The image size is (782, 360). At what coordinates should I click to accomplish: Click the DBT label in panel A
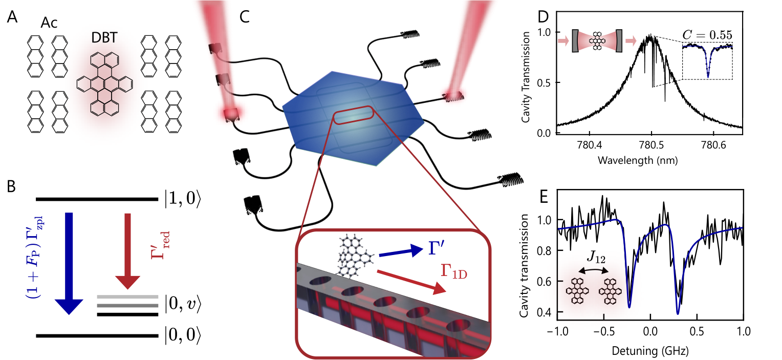tap(104, 38)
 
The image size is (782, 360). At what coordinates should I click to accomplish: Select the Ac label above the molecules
tap(49, 23)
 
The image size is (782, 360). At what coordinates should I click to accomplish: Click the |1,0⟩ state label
tap(183, 199)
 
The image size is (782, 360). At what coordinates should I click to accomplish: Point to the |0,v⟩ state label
tap(183, 304)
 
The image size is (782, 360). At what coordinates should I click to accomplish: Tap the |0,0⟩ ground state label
tap(183, 335)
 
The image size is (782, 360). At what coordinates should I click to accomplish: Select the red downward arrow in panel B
tap(128, 251)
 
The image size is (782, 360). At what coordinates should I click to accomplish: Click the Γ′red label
tap(160, 245)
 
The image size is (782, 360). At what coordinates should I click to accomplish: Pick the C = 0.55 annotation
tap(707, 35)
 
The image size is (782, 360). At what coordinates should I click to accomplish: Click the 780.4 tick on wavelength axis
tap(589, 144)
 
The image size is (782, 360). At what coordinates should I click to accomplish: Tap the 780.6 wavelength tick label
tap(713, 144)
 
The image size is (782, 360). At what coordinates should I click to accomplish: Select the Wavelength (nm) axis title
tap(638, 160)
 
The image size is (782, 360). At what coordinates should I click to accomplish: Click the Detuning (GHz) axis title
tap(650, 351)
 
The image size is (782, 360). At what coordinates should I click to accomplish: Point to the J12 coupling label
tap(596, 258)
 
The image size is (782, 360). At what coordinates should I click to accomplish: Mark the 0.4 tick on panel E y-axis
tap(544, 312)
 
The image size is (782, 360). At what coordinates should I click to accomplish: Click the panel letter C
tap(245, 17)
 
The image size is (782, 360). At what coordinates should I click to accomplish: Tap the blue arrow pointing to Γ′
tap(401, 252)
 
